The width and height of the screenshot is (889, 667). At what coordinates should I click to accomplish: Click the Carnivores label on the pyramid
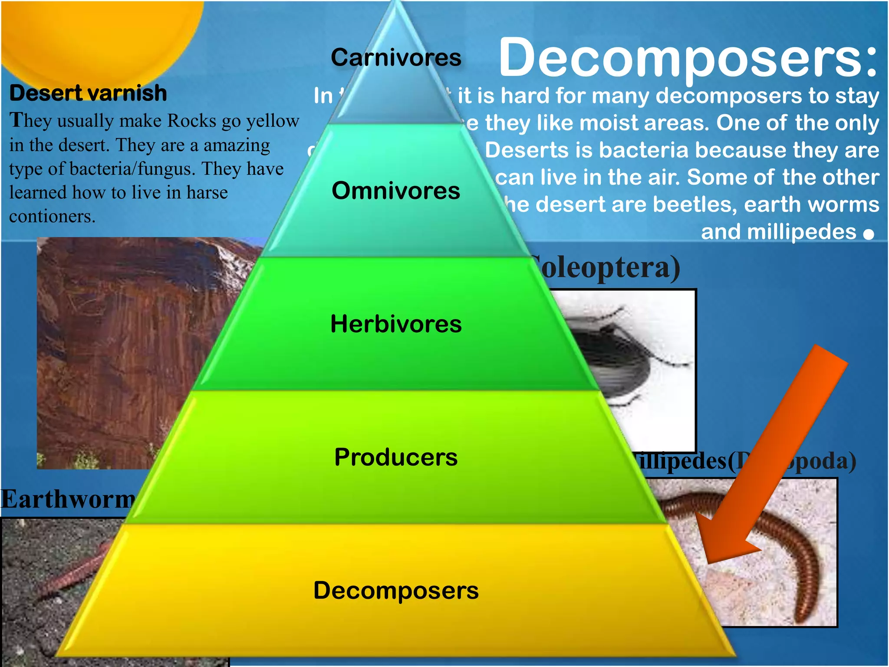click(395, 58)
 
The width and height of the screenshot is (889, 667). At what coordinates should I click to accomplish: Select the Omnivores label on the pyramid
click(395, 191)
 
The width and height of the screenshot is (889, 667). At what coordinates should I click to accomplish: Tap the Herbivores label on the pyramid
click(395, 324)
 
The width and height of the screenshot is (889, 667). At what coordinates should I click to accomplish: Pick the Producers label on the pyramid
click(395, 457)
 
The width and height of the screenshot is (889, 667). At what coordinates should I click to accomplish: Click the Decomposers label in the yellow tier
click(395, 591)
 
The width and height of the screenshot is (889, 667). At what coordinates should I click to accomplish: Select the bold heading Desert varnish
click(88, 93)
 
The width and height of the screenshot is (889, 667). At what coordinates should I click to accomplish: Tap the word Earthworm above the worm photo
click(67, 499)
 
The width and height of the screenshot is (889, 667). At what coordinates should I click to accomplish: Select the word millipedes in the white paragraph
click(801, 232)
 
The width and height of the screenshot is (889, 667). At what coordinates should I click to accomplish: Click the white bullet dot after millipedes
click(869, 234)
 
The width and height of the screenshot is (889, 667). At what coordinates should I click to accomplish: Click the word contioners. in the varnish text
click(52, 216)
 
